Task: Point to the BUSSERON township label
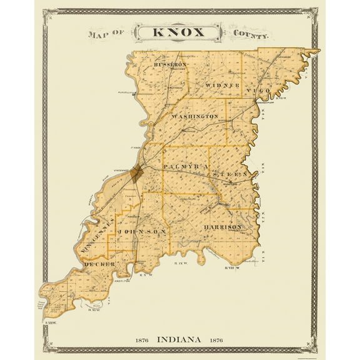[x=169, y=65]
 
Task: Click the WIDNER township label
[x=222, y=84]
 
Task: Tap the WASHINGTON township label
[x=195, y=117]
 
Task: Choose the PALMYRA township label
[x=185, y=167]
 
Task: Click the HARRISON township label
[x=223, y=227]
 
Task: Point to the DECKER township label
[x=99, y=264]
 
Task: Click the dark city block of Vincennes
[x=137, y=172]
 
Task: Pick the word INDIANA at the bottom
[x=179, y=339]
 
